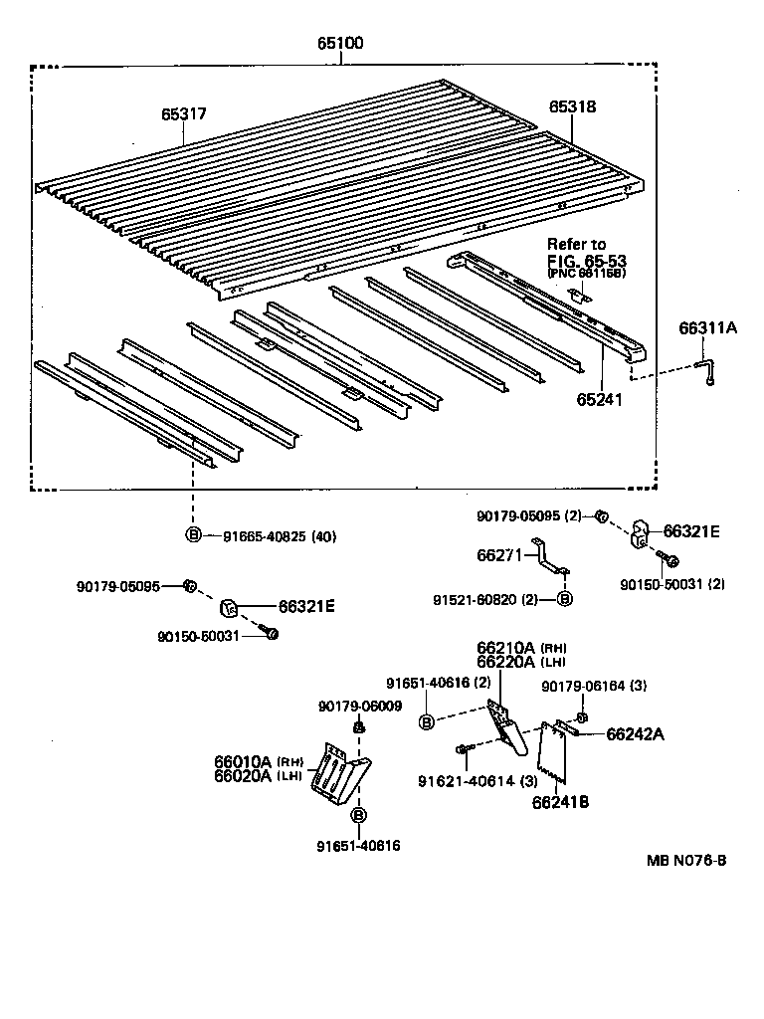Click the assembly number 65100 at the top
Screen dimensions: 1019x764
point(340,44)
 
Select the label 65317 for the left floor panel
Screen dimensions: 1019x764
point(184,114)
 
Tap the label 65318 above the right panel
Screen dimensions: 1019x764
point(572,106)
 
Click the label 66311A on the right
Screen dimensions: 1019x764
point(708,327)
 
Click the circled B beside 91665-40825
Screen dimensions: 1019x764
point(193,536)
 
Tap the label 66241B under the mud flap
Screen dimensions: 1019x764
point(560,802)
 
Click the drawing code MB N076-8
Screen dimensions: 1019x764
point(685,859)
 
